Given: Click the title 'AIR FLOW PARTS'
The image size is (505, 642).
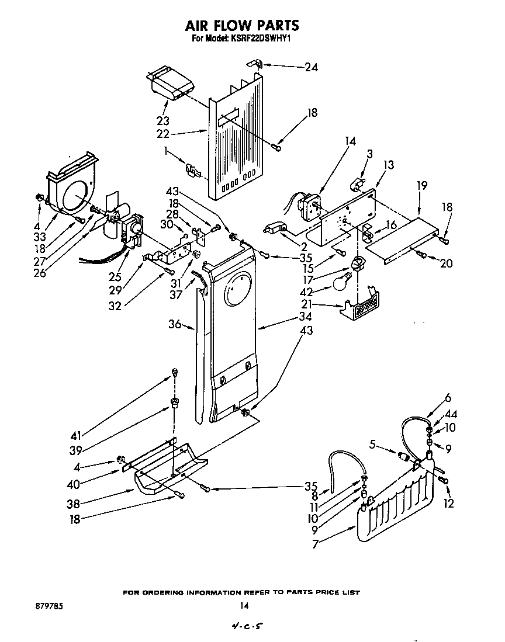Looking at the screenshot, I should [242, 25].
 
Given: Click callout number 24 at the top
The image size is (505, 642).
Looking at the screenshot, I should [311, 67].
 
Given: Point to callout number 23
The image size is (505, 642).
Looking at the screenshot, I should [162, 121].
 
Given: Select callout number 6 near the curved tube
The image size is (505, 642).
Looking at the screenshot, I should [448, 398].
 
